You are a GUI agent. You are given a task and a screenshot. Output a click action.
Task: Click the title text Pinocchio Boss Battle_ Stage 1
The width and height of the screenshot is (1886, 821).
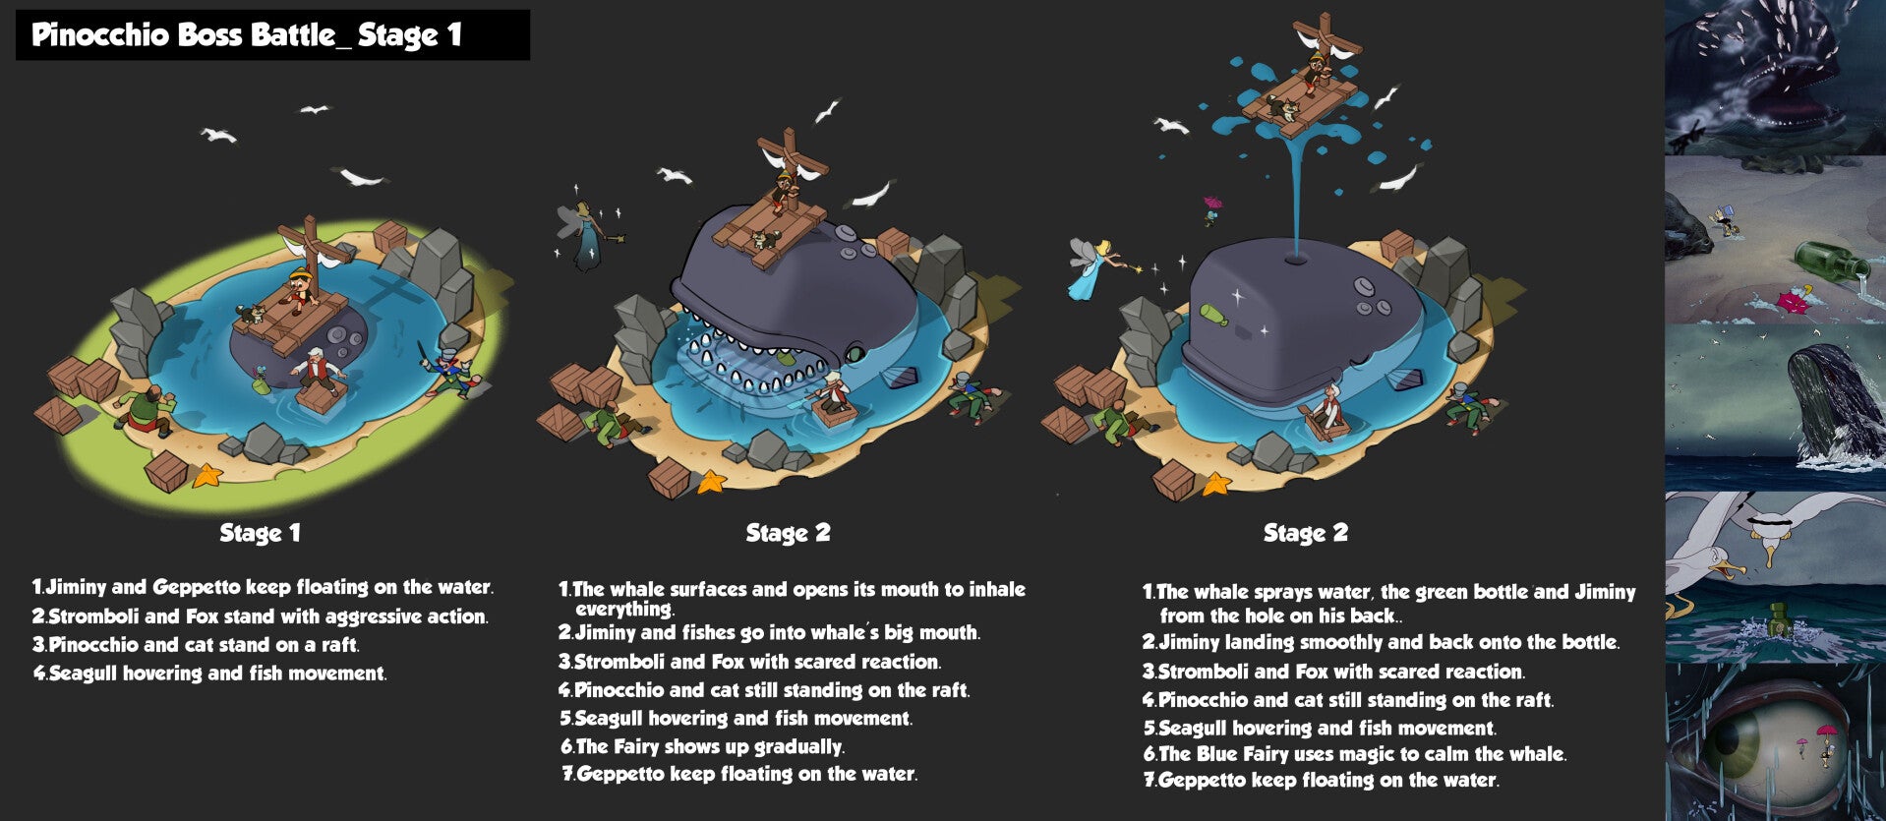247,35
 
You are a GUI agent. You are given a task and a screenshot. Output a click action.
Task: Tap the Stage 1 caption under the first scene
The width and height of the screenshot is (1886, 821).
260,533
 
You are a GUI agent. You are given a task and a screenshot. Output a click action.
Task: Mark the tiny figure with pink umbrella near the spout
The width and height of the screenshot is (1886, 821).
1212,209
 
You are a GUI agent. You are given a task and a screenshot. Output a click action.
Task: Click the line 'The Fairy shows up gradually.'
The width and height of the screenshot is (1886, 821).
702,747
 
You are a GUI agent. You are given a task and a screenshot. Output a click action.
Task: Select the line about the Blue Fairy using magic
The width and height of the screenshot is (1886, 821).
1354,754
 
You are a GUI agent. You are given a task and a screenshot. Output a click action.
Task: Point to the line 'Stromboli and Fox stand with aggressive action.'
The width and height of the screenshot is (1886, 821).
260,616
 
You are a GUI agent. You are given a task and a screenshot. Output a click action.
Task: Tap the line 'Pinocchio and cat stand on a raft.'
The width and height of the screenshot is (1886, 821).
196,645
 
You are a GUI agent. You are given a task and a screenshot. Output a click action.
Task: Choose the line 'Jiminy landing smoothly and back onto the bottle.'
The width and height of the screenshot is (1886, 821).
1380,642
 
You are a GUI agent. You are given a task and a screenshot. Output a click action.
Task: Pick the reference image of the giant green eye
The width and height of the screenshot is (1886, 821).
1775,742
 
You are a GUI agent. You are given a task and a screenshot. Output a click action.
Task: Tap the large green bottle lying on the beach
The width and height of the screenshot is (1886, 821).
1832,263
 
